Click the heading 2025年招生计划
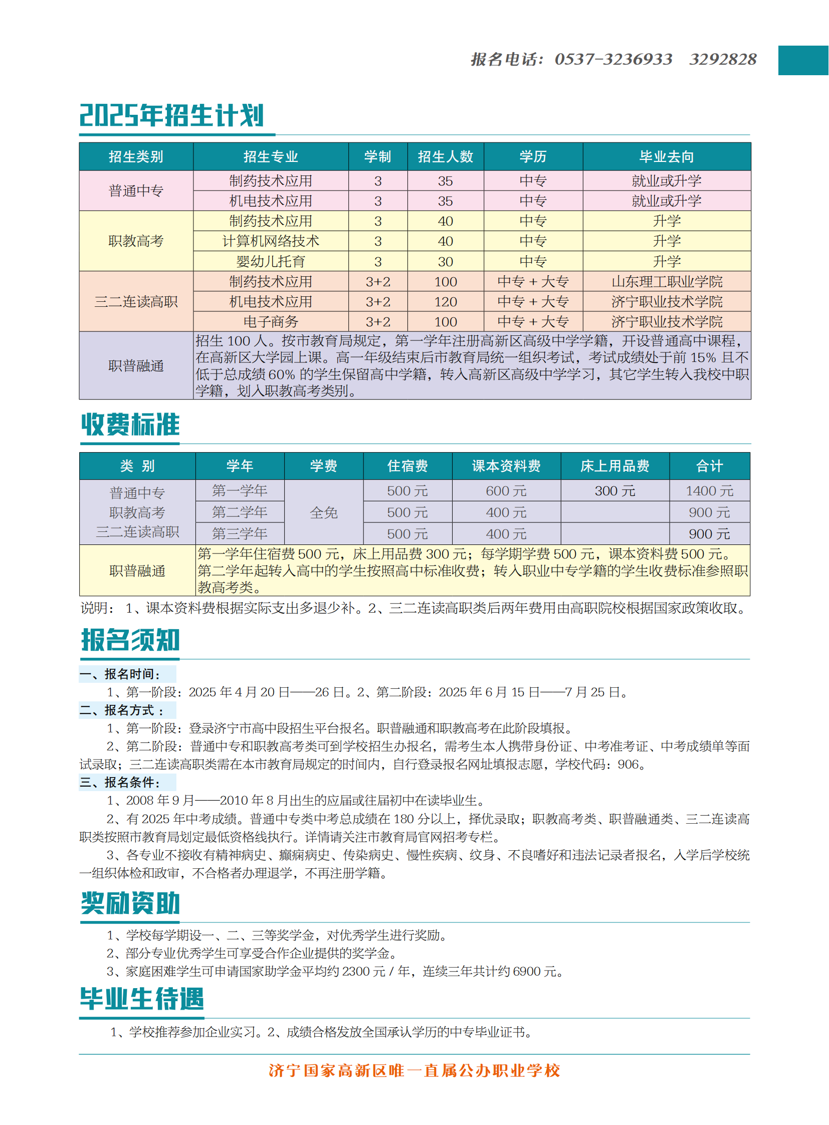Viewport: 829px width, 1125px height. [171, 115]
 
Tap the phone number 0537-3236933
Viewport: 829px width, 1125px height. [612, 59]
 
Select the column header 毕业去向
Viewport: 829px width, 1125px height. [667, 156]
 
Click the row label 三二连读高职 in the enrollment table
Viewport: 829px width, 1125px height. [136, 302]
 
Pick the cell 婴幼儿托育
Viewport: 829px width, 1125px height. [271, 262]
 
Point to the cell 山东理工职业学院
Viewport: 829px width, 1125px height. [667, 282]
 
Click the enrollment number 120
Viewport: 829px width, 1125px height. [445, 302]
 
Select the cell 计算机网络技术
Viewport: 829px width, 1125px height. [271, 241]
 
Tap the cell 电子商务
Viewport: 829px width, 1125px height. [271, 322]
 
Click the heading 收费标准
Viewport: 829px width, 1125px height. [130, 425]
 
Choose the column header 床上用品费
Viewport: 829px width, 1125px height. [614, 466]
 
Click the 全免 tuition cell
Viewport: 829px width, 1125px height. [324, 512]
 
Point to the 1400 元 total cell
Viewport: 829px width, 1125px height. [709, 491]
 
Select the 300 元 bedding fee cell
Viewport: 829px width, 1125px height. [614, 491]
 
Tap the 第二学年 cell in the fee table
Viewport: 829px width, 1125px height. [240, 512]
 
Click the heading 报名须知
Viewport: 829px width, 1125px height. [130, 640]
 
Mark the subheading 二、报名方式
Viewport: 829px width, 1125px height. [122, 710]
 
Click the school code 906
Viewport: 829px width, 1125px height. [628, 765]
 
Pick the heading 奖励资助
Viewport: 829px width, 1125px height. [130, 903]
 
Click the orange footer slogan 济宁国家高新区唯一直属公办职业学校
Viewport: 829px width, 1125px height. [414, 1071]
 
